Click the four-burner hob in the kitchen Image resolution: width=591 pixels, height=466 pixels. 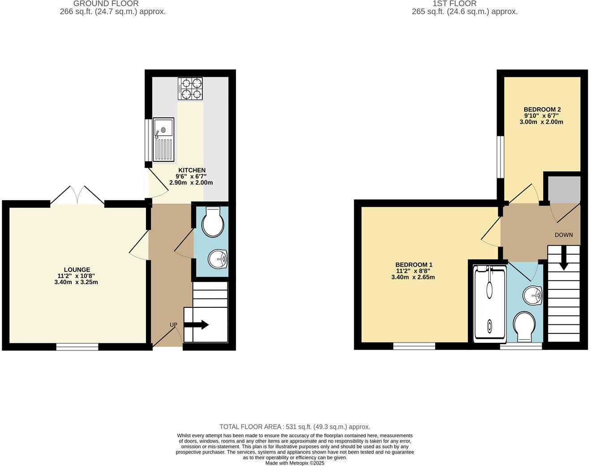[x=190, y=89]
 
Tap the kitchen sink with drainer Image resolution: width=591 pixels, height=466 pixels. [x=163, y=139]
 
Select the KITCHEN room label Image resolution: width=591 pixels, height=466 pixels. [x=192, y=170]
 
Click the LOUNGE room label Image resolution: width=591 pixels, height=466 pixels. [x=77, y=270]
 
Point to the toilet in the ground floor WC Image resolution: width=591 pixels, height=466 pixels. [x=213, y=223]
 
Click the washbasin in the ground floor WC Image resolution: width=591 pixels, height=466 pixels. [x=218, y=259]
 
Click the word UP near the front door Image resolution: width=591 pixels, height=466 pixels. [x=173, y=324]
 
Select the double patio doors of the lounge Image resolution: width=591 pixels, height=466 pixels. [x=77, y=195]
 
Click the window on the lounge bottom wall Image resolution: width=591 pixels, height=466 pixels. [x=77, y=346]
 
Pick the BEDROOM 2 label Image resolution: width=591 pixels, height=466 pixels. [x=542, y=109]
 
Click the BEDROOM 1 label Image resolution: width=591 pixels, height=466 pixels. [x=414, y=265]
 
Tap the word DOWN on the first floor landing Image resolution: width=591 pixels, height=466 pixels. [x=563, y=235]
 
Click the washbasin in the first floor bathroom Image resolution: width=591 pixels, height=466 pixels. [x=532, y=294]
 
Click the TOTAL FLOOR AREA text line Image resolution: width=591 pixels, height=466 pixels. [x=295, y=427]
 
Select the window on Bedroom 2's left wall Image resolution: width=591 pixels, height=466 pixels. [x=501, y=157]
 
